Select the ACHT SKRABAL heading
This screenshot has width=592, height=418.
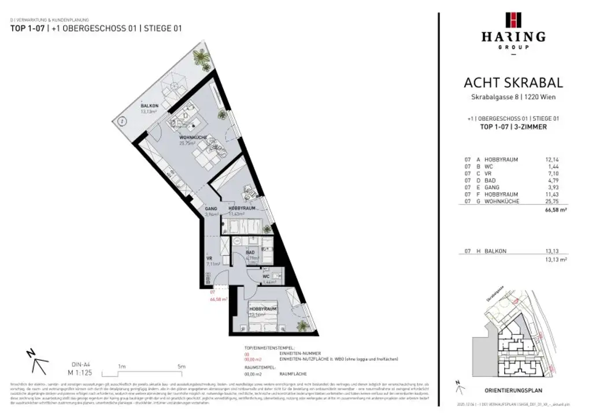click(513, 83)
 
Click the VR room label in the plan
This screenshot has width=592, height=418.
click(209, 258)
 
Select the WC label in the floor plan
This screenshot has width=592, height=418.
click(267, 276)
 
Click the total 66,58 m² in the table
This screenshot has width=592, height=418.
click(556, 212)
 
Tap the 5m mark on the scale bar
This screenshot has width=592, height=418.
click(181, 366)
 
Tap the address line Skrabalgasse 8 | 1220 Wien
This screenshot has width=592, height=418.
click(513, 97)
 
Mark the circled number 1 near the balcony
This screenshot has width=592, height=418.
click(122, 121)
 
